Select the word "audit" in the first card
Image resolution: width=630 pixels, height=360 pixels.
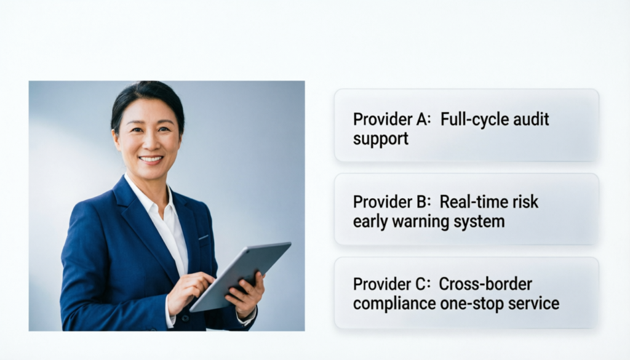[x=529, y=119]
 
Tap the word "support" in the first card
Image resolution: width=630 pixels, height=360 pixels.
[x=380, y=138]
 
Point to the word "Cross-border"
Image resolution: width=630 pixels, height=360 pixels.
[x=485, y=284]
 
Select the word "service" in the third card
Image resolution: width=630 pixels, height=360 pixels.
[x=537, y=303]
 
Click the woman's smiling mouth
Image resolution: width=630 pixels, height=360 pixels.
[x=150, y=159]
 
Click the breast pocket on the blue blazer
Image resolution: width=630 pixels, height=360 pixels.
[x=204, y=237]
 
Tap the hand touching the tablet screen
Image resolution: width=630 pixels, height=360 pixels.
[x=190, y=289]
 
